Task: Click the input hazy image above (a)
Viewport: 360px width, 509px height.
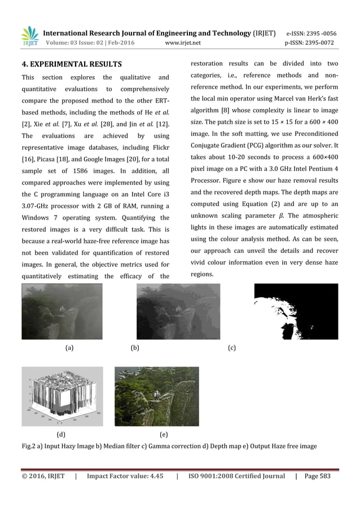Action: [x=62, y=311]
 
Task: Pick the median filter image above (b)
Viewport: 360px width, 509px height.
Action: [x=178, y=311]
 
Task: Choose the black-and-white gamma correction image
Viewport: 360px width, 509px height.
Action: [x=296, y=311]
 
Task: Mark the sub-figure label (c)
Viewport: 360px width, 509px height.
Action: [x=232, y=349]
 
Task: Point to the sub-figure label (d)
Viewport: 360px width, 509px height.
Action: [x=61, y=435]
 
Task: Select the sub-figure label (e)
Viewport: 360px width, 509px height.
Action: [x=164, y=435]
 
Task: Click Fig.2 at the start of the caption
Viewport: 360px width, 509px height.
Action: [x=29, y=446]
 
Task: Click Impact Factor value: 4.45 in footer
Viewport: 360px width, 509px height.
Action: [x=125, y=476]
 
